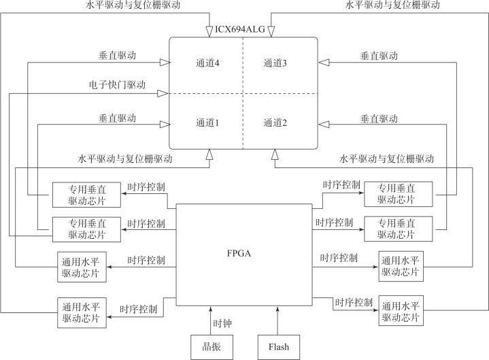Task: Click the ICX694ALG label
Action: pyautogui.click(x=241, y=29)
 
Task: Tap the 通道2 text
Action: pyautogui.click(x=275, y=123)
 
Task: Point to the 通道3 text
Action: pyautogui.click(x=275, y=63)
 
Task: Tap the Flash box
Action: pyautogui.click(x=277, y=346)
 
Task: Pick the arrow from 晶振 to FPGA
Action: pyautogui.click(x=210, y=320)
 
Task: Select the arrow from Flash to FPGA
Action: pyautogui.click(x=277, y=320)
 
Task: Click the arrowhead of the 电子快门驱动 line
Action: pyautogui.click(x=164, y=93)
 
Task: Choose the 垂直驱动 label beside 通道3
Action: pyautogui.click(x=378, y=55)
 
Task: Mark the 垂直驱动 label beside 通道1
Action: pyautogui.click(x=117, y=117)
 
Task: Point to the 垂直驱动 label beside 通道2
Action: pyautogui.click(x=378, y=117)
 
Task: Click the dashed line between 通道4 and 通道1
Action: pyautogui.click(x=204, y=93)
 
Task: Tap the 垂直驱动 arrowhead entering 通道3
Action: pyautogui.click(x=322, y=63)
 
